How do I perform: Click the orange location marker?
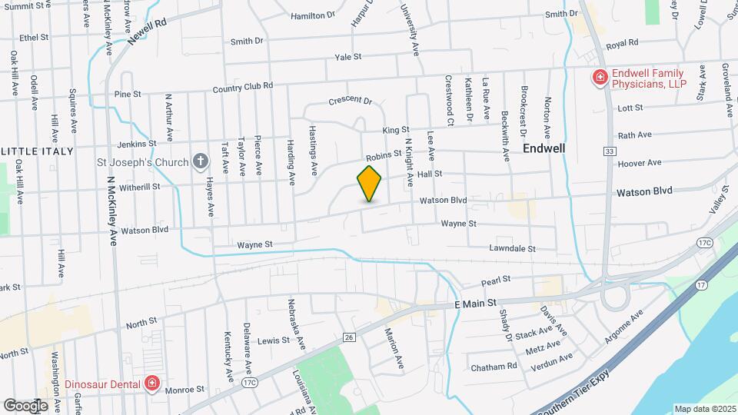click(370, 183)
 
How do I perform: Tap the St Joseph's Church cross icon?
click(201, 161)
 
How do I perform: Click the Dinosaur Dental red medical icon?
click(152, 383)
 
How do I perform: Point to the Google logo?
click(25, 405)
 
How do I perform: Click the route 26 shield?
click(348, 337)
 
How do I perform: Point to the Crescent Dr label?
click(350, 101)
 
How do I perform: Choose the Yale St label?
click(347, 57)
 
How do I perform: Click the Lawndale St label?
click(512, 249)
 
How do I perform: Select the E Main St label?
click(476, 304)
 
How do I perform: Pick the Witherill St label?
click(139, 186)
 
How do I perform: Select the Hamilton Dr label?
click(314, 15)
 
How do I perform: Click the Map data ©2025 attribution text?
click(704, 409)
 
